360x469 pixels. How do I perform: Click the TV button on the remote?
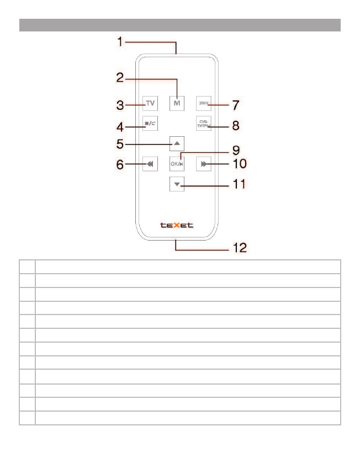point(150,103)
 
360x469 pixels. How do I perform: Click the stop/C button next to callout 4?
point(150,124)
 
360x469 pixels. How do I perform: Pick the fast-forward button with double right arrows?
point(204,164)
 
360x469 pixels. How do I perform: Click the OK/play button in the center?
point(177,164)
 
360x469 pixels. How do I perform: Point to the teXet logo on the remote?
point(176,225)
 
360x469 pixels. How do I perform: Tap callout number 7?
point(235,104)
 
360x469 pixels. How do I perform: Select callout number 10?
point(238,164)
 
